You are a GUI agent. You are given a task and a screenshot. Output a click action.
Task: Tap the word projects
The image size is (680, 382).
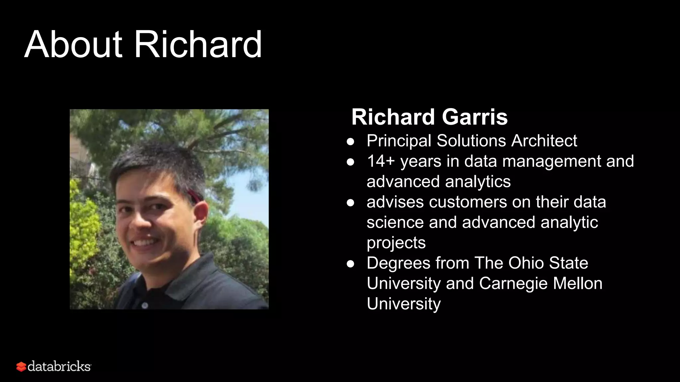[x=396, y=243]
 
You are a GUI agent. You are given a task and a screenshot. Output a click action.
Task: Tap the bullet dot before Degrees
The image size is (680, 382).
[x=350, y=264]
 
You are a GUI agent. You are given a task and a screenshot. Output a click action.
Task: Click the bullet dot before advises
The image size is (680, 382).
[x=350, y=203]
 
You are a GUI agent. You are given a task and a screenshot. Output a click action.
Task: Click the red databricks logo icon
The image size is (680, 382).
[x=21, y=367]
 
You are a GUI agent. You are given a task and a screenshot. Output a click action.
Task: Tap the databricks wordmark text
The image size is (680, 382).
[x=59, y=366]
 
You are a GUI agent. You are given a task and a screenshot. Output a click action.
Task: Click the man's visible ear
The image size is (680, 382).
[x=200, y=212]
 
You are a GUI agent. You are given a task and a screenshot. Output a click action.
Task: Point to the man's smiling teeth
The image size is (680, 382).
[x=144, y=242]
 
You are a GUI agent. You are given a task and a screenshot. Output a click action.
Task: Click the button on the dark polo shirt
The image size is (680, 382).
[x=145, y=305]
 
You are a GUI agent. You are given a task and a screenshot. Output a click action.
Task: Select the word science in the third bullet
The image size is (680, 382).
[x=395, y=222]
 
